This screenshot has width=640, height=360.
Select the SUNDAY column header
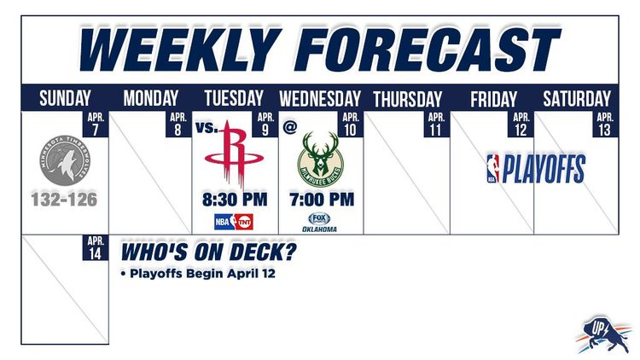pyautogui.click(x=65, y=98)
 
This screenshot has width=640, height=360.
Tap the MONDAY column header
pyautogui.click(x=151, y=98)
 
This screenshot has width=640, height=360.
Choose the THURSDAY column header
pyautogui.click(x=407, y=98)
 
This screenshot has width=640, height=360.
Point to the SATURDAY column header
pyautogui.click(x=577, y=98)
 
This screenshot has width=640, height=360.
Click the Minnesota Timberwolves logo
pyautogui.click(x=65, y=160)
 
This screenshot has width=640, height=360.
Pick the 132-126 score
pyautogui.click(x=65, y=200)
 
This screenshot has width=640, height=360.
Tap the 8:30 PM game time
pyautogui.click(x=236, y=200)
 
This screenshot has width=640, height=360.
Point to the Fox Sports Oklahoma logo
pyautogui.click(x=323, y=223)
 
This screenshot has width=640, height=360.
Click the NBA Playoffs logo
pyautogui.click(x=535, y=169)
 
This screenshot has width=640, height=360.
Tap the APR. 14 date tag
pyautogui.click(x=96, y=247)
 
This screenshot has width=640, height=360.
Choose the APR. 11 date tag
pyautogui.click(x=436, y=124)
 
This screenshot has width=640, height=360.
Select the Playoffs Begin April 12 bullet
pyautogui.click(x=198, y=275)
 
